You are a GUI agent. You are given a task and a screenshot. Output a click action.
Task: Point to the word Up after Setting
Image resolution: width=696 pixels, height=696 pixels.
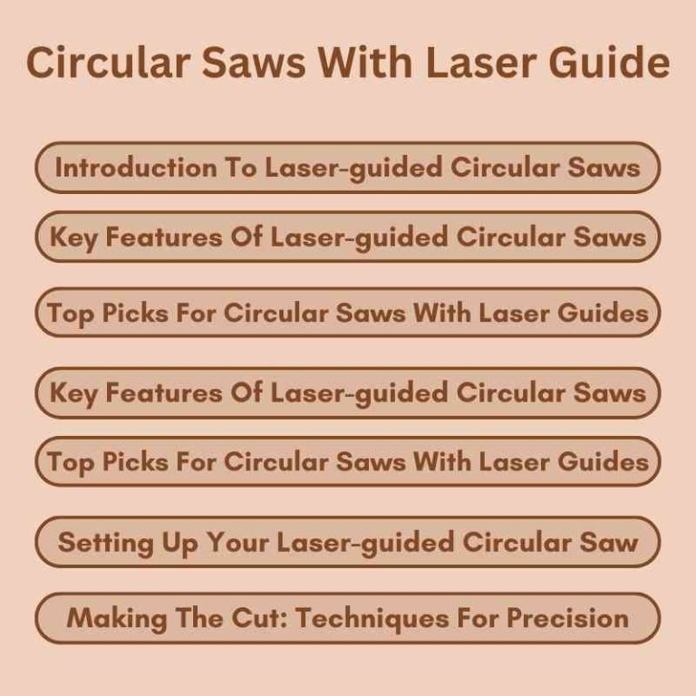pos(159,543)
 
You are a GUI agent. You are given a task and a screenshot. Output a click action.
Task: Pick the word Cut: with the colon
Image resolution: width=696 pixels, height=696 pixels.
pos(248,618)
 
